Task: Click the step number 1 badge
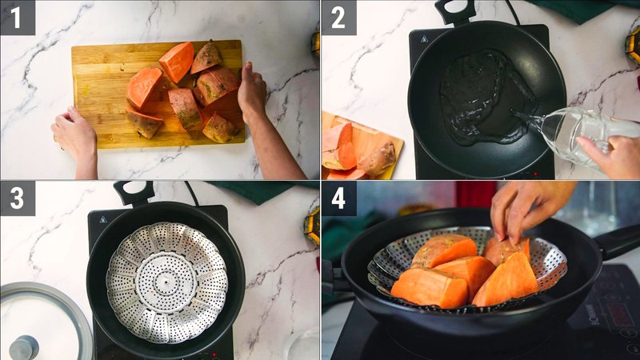point(18,17)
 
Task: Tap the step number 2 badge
point(338,17)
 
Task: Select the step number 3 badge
point(18,198)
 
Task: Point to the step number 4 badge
point(338,198)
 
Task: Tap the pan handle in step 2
point(455,10)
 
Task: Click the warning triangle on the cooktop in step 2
point(424,38)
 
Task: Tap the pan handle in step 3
point(133,192)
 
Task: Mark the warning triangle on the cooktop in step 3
point(102,218)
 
